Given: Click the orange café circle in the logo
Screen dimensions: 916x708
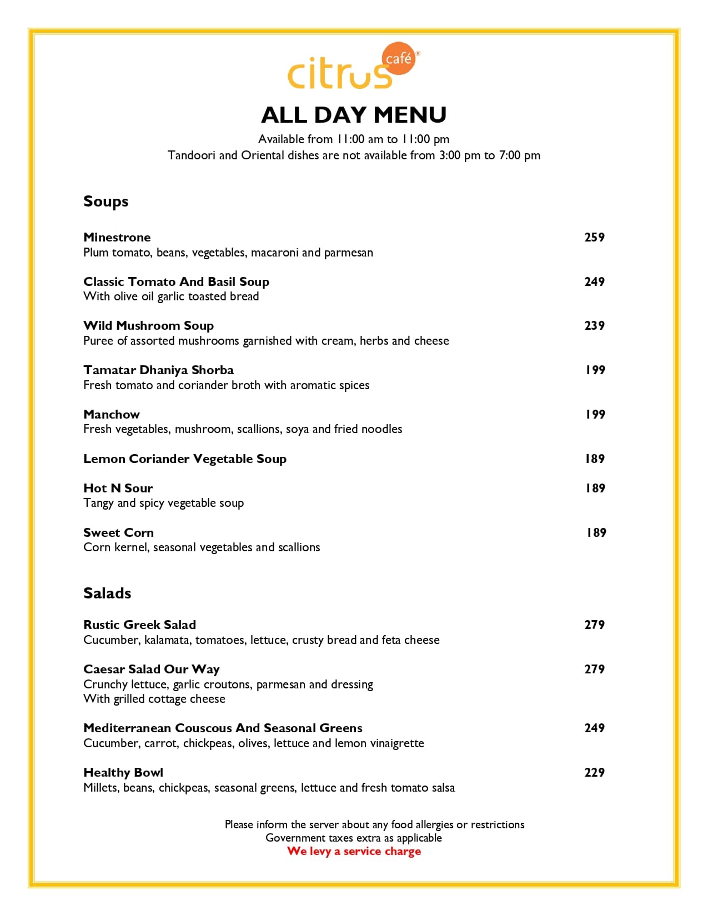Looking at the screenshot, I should [x=399, y=59].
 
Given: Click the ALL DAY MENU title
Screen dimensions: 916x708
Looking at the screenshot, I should [x=354, y=115].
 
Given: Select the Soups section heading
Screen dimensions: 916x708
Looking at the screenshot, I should [x=106, y=201].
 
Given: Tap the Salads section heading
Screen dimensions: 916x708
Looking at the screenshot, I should [x=107, y=593].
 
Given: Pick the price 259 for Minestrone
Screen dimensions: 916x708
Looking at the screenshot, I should [x=594, y=237].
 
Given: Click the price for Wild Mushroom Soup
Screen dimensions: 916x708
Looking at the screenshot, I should [x=594, y=325].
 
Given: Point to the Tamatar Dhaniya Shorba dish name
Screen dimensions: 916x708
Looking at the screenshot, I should [x=158, y=370].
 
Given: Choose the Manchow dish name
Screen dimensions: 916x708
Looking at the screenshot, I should [x=112, y=414].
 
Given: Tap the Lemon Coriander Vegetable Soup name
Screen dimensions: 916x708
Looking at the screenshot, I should [x=185, y=459].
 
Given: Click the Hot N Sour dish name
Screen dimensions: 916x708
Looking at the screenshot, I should [x=118, y=488].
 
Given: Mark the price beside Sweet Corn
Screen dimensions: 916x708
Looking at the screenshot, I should [x=596, y=532].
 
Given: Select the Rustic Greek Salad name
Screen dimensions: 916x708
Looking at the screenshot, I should [x=139, y=625].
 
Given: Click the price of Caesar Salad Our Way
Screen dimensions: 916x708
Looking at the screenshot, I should [x=594, y=669].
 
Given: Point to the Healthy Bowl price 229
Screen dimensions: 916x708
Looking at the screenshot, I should [x=594, y=772].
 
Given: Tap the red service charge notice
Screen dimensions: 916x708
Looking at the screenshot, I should [x=354, y=851].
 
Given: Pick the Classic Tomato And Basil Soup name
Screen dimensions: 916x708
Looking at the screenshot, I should [x=176, y=281].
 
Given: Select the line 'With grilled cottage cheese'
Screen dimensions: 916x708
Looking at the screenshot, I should [x=154, y=699].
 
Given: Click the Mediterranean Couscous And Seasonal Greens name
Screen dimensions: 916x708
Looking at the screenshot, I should [x=223, y=728].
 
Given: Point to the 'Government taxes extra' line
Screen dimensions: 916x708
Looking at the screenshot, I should [x=354, y=838].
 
